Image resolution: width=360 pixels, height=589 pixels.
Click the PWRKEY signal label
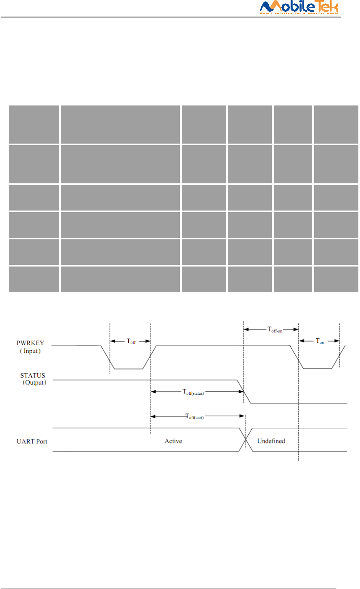click(x=30, y=343)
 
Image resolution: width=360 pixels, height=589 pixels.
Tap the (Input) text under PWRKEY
click(x=30, y=351)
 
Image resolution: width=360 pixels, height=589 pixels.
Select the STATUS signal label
click(x=33, y=375)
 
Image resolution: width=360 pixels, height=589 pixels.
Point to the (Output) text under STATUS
click(x=34, y=383)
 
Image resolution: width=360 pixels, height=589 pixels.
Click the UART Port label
click(x=32, y=441)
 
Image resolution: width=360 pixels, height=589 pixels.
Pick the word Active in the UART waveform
click(x=173, y=441)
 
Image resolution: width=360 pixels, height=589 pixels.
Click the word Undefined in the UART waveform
click(x=271, y=441)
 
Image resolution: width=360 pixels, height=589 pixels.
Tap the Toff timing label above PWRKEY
click(x=131, y=342)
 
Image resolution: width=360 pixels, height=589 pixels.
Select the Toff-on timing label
click(x=275, y=330)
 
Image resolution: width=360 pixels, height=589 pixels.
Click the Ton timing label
click(x=320, y=341)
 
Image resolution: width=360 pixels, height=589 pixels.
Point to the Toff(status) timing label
click(x=193, y=392)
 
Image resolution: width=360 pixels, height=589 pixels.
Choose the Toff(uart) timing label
click(x=194, y=416)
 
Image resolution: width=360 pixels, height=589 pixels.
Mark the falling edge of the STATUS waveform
click(x=244, y=391)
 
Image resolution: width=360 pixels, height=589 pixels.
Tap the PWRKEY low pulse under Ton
click(x=318, y=369)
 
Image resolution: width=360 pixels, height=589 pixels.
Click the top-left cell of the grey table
click(x=34, y=125)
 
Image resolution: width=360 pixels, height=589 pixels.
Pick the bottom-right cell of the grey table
click(x=336, y=279)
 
